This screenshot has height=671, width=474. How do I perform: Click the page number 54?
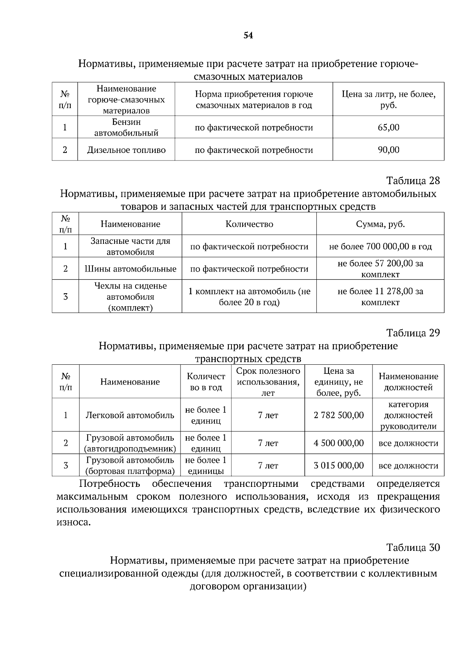248,36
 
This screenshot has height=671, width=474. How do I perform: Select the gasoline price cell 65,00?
388,127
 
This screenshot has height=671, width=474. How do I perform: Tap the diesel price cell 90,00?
388,150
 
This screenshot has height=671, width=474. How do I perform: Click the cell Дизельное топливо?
126,150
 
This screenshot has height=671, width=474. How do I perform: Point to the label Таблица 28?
413,181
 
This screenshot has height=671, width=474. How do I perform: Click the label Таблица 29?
413,333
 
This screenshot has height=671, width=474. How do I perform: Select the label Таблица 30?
413,547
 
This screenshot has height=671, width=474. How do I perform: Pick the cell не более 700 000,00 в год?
380,247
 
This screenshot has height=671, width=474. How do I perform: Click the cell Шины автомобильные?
130,269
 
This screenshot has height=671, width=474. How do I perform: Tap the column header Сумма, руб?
380,224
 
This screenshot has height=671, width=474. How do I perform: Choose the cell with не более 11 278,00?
380,296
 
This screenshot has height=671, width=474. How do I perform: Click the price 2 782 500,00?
339,415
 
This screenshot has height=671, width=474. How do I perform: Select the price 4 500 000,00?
339,443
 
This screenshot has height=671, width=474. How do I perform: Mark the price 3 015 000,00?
339,466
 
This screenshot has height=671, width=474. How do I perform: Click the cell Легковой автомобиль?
130,415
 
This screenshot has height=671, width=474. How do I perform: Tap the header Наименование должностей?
408,382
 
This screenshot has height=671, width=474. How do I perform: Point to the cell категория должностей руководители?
408,415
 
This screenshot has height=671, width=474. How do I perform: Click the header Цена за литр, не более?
388,100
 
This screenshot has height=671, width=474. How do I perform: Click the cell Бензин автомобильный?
126,127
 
